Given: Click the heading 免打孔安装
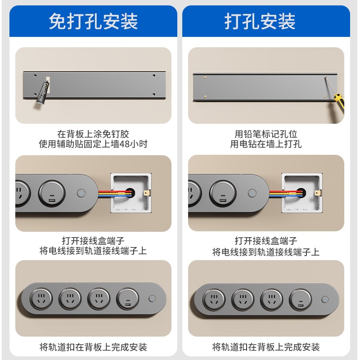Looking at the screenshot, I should (x=93, y=22).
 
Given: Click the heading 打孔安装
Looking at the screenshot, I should (x=260, y=22).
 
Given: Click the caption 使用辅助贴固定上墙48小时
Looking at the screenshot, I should (x=93, y=144).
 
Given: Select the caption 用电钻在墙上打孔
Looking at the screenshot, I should (x=266, y=144).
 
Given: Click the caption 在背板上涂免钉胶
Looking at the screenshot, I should (x=93, y=134).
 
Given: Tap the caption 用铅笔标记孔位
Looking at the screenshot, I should (x=266, y=134).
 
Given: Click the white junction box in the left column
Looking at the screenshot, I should (x=130, y=193).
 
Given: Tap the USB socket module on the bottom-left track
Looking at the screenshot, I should (x=127, y=298).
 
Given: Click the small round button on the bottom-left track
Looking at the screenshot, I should (x=152, y=298).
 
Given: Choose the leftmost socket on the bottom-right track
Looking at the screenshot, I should (x=214, y=299).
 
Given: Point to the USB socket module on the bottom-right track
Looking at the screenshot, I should (x=300, y=299).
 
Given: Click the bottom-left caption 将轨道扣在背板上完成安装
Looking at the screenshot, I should (x=93, y=347).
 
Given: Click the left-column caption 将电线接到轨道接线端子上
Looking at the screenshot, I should (x=93, y=251).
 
